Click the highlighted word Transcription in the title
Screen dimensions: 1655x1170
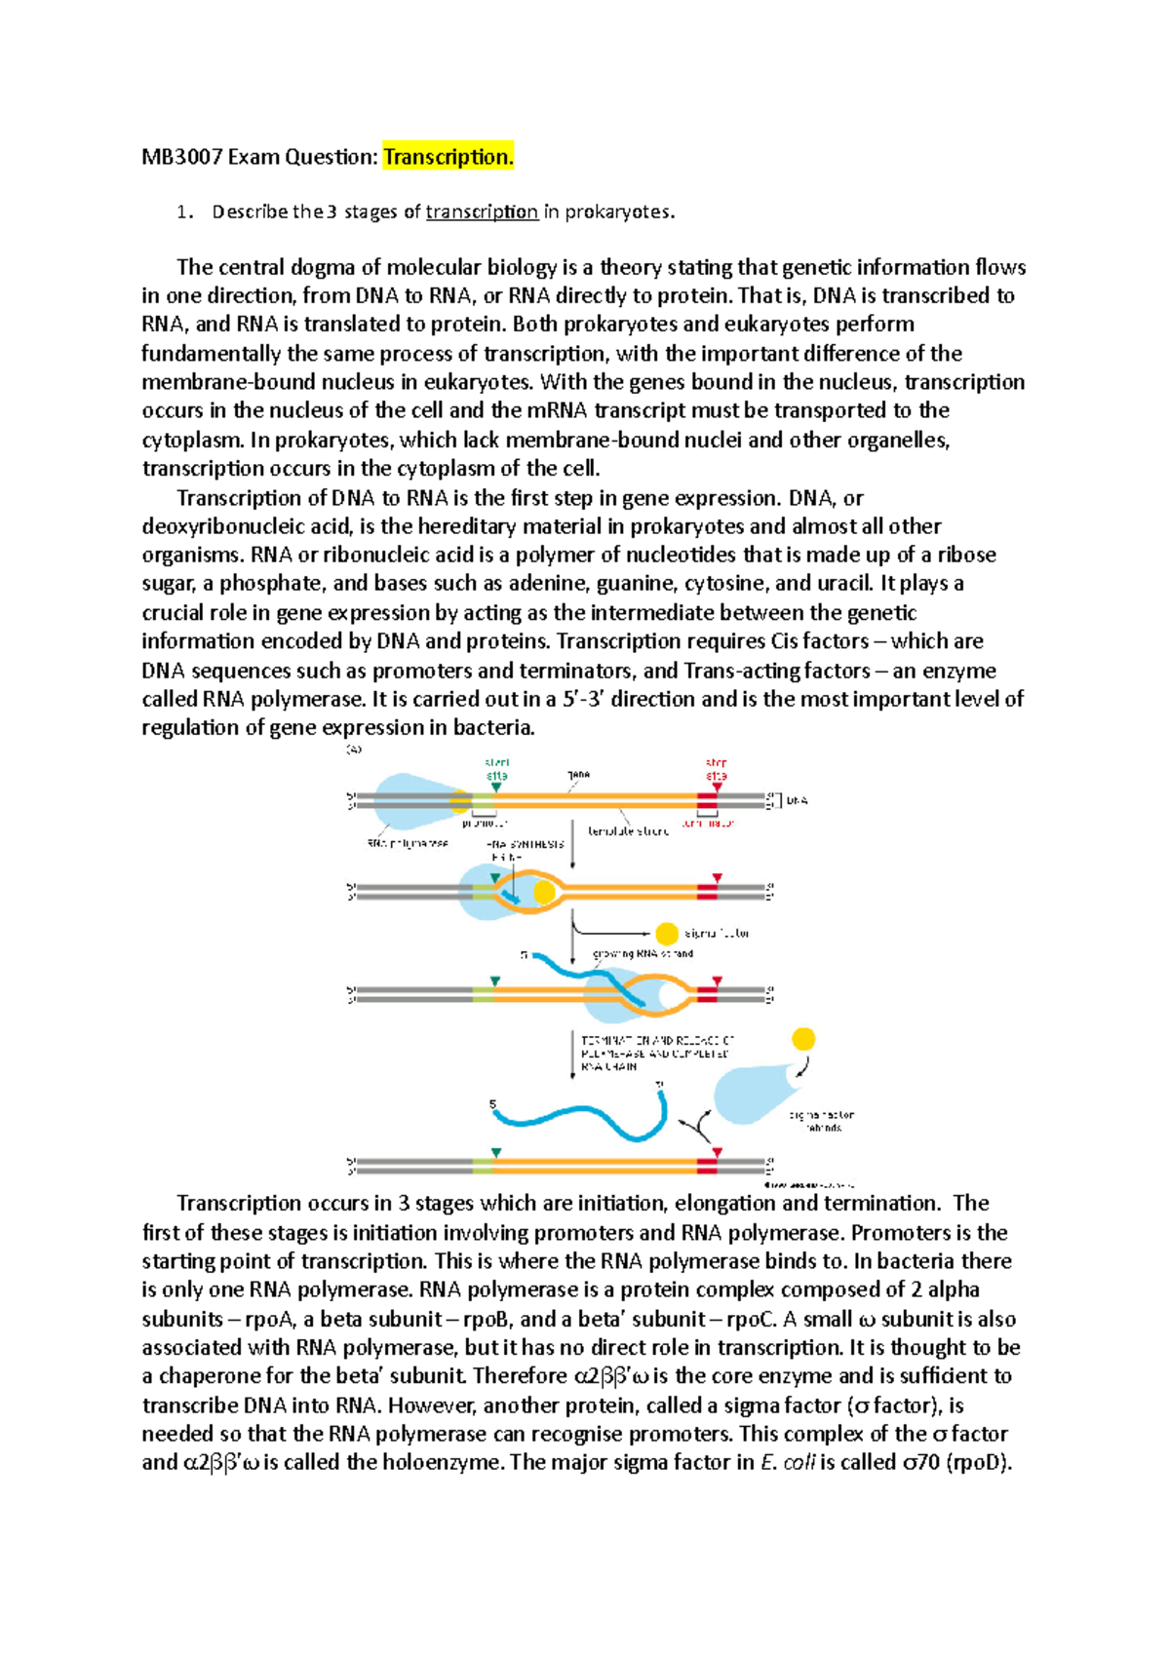point(448,157)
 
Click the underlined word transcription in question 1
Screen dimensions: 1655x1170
point(482,212)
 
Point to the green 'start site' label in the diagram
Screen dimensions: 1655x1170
point(497,769)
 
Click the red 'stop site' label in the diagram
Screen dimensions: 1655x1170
point(717,769)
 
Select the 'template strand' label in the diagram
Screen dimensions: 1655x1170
point(628,831)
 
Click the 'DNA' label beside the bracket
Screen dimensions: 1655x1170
point(797,800)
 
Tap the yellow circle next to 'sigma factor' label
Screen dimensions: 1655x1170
point(667,934)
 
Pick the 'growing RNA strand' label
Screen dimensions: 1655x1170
point(643,953)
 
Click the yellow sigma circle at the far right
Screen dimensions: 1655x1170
point(803,1039)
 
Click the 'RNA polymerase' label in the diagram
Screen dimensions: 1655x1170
point(408,843)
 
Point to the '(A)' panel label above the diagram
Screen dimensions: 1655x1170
point(354,750)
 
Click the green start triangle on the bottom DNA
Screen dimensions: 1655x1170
point(496,1153)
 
